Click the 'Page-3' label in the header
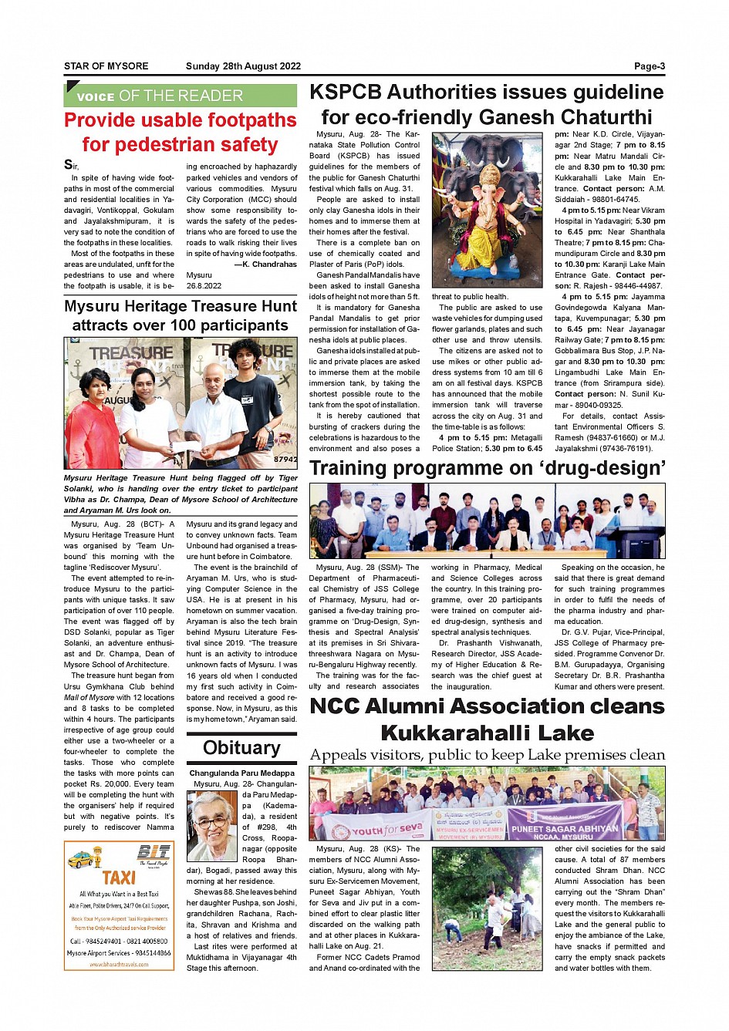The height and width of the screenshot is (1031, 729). [x=649, y=66]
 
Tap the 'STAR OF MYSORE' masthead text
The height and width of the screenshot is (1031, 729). [x=106, y=66]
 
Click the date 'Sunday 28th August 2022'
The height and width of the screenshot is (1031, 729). [x=243, y=66]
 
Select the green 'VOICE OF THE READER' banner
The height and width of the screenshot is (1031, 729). [x=180, y=96]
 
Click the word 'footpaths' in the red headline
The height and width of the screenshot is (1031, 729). [x=248, y=120]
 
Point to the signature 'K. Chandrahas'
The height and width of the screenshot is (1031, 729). [x=268, y=264]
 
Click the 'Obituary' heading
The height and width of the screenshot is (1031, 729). [x=241, y=748]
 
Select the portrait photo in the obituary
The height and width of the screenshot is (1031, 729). [x=212, y=825]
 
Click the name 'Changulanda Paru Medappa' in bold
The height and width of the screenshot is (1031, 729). [x=241, y=773]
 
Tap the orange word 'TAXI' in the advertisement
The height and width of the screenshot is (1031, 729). [x=119, y=878]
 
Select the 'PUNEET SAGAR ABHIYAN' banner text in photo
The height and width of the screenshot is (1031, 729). [x=565, y=829]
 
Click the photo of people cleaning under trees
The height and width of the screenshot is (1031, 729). [x=487, y=908]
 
